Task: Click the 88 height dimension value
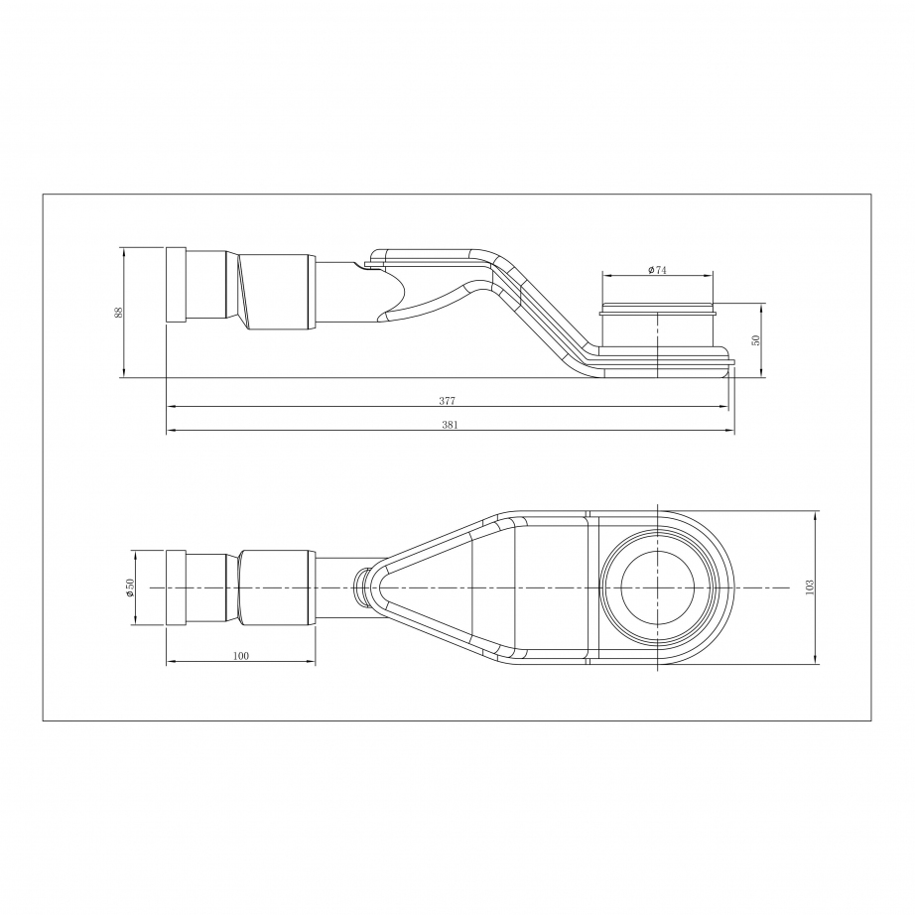(118, 313)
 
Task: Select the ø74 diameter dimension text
(657, 270)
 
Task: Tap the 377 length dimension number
(447, 401)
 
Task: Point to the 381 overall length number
(450, 425)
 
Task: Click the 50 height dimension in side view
(755, 340)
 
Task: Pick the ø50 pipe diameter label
(130, 588)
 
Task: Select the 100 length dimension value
(240, 656)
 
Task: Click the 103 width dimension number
(808, 588)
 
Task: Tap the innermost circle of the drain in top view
(658, 588)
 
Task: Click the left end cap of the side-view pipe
(177, 285)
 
